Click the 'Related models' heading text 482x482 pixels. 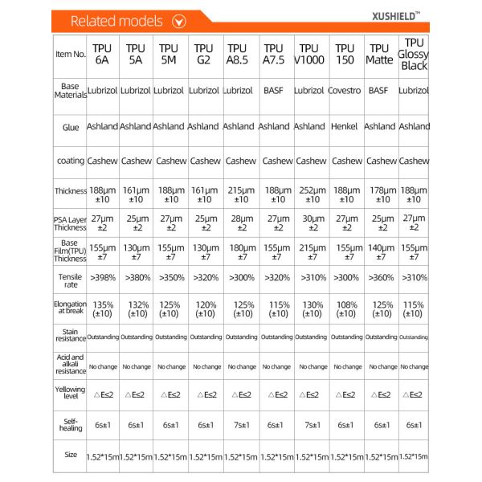tap(117, 22)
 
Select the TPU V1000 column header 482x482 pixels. tap(309, 55)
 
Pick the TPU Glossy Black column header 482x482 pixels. tap(415, 54)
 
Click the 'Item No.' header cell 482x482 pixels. tap(70, 55)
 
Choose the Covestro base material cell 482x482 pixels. tap(345, 92)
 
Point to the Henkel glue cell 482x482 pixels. tap(345, 127)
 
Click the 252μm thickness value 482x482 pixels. tap(309, 194)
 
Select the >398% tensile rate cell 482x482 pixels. tap(102, 277)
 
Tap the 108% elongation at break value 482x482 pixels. tap(345, 310)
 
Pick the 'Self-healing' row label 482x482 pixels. tap(70, 424)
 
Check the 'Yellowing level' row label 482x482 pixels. tap(70, 394)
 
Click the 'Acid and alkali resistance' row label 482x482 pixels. tap(70, 364)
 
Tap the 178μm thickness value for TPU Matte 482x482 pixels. tap(380, 194)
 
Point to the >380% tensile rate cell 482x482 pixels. tap(136, 277)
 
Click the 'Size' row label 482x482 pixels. tap(70, 455)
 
